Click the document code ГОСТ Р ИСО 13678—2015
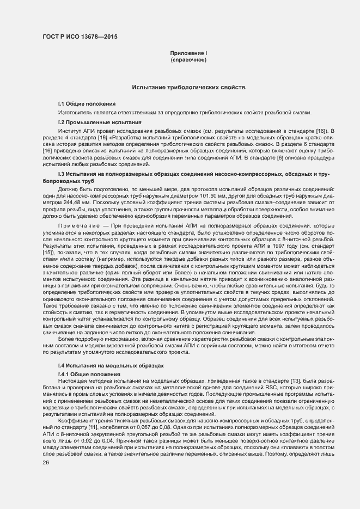(80, 38)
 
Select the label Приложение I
(188, 53)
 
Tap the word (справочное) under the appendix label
(188, 59)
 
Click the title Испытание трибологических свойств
(188, 87)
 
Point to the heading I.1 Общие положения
(87, 103)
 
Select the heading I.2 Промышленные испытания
(100, 122)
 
